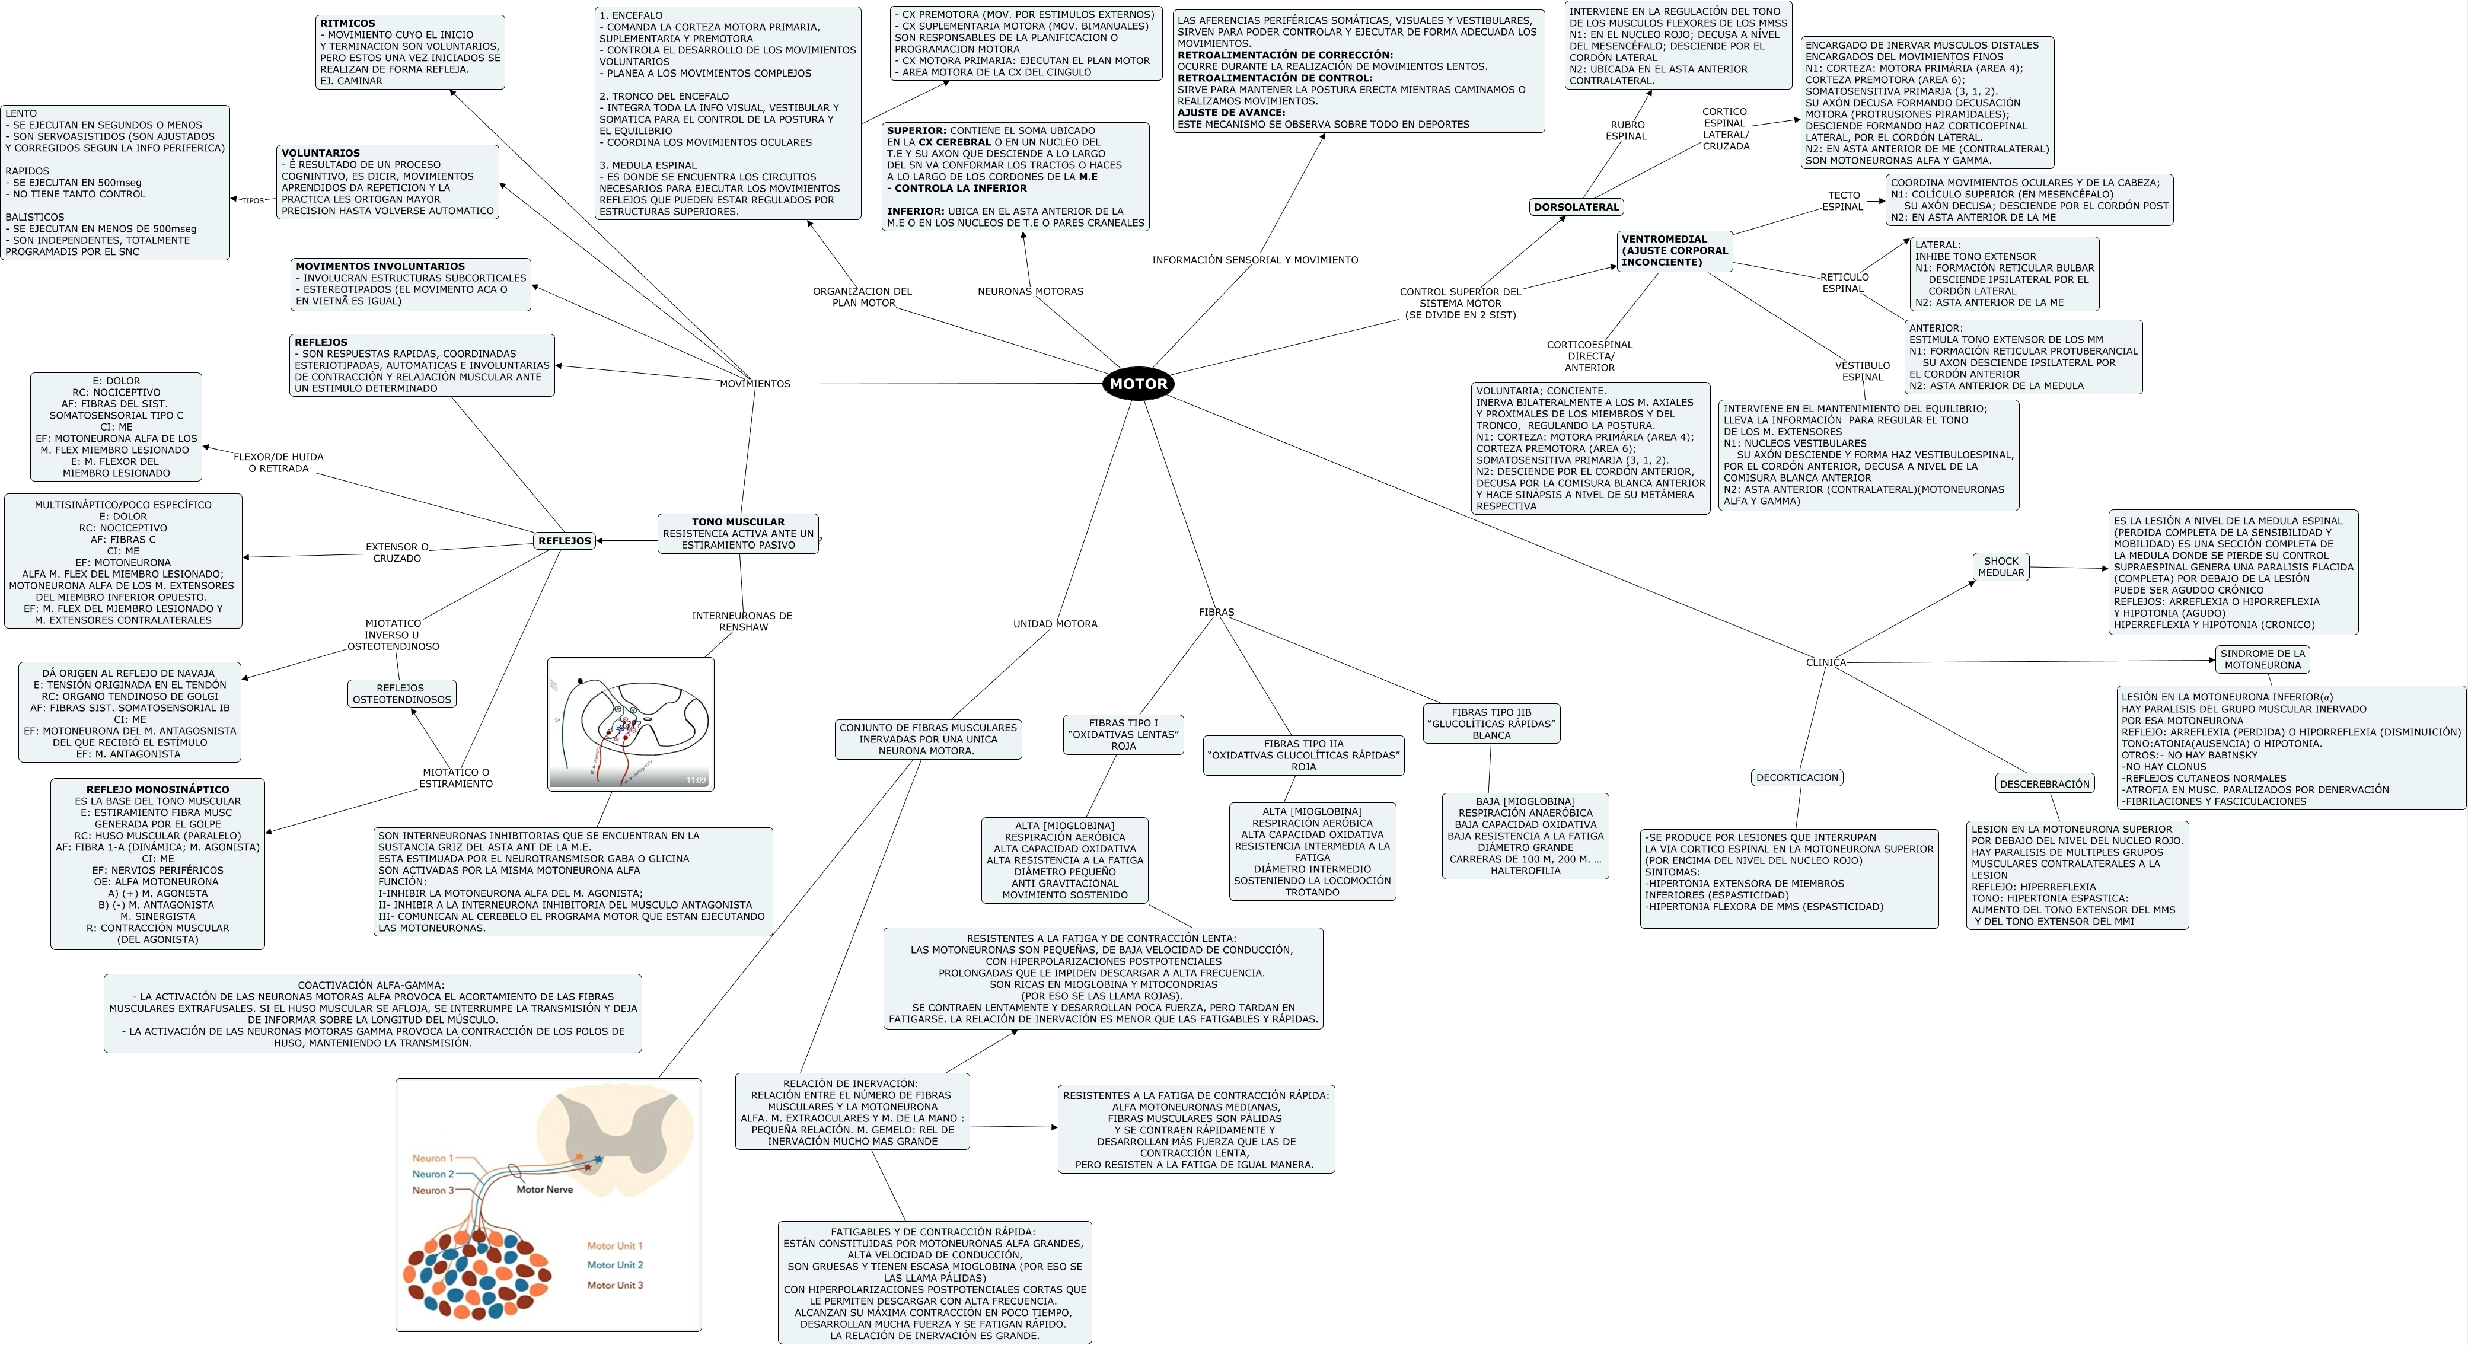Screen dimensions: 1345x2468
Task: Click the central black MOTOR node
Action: click(1138, 383)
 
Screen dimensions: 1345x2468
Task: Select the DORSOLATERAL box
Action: click(1576, 207)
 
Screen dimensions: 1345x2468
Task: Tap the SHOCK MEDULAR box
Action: click(2001, 567)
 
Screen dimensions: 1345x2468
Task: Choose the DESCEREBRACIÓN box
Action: click(2045, 783)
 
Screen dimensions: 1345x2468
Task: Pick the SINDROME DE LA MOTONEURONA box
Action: click(2262, 659)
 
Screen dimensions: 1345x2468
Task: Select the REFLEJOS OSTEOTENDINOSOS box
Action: click(401, 694)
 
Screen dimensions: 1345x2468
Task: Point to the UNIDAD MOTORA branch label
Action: click(1055, 624)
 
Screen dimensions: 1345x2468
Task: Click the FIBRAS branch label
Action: click(1216, 612)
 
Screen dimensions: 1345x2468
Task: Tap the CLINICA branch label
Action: click(1825, 662)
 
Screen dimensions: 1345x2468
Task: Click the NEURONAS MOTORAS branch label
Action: click(1030, 291)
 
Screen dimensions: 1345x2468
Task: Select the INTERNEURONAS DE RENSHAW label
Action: click(742, 621)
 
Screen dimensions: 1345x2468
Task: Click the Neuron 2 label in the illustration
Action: click(433, 1174)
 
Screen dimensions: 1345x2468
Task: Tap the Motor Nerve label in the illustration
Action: click(544, 1190)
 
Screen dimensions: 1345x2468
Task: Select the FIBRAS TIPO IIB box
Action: click(1491, 724)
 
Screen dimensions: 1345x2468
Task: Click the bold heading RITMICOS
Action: click(347, 23)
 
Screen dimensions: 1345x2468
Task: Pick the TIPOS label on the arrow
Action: click(253, 201)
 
